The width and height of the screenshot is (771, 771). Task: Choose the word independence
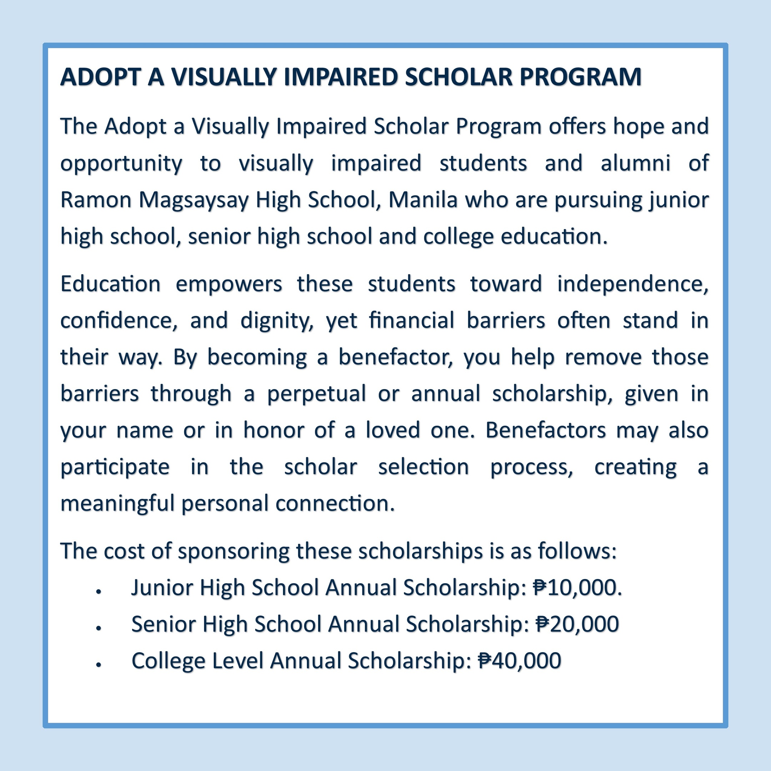(x=633, y=284)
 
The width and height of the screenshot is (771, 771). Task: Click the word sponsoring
(x=233, y=551)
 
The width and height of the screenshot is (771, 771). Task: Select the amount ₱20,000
(x=577, y=624)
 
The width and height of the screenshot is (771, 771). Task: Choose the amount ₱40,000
(x=520, y=660)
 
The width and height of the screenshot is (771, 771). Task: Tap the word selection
(x=423, y=467)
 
